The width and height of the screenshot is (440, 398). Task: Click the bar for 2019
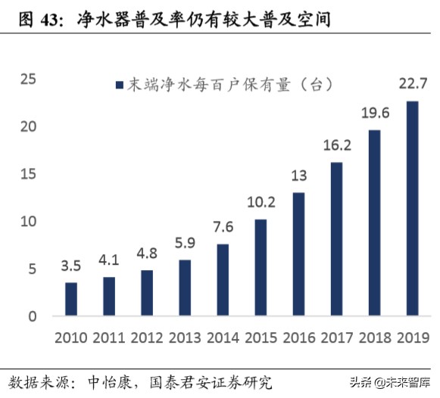412,208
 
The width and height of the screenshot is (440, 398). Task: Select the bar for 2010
70,299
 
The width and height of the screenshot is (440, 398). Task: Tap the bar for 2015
261,267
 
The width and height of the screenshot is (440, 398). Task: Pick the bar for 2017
336,239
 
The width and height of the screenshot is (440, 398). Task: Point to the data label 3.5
70,266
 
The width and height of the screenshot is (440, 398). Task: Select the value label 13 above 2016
298,176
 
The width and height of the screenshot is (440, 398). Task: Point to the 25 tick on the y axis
28,79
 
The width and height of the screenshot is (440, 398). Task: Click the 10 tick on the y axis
28,221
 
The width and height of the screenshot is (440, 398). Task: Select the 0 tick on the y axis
33,316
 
